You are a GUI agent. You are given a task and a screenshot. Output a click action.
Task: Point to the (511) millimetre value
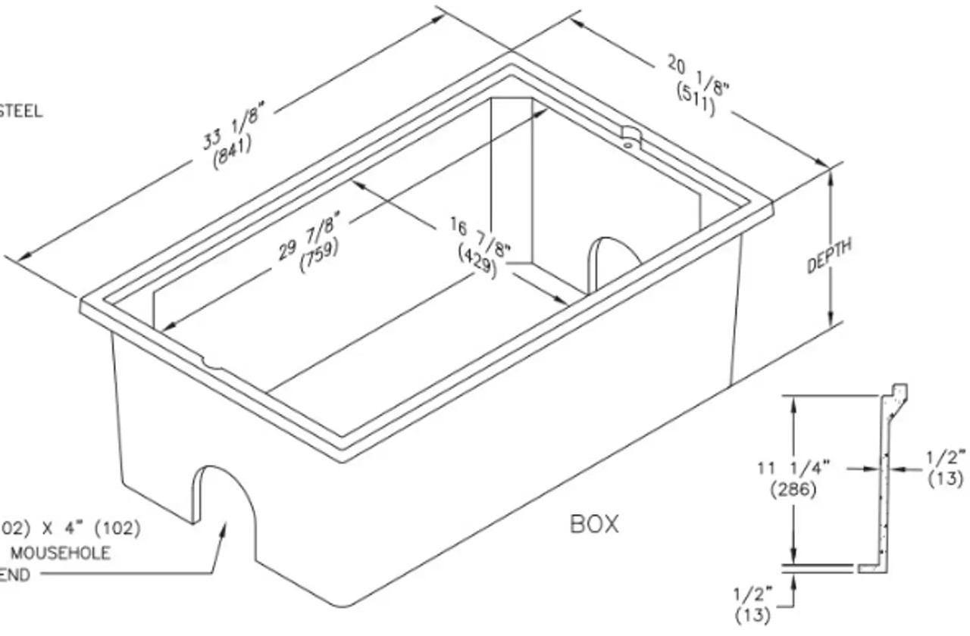point(694,97)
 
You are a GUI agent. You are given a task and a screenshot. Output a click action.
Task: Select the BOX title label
point(594,524)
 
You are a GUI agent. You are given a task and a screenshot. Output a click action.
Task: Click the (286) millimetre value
point(793,490)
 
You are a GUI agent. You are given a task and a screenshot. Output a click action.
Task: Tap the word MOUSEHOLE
point(60,553)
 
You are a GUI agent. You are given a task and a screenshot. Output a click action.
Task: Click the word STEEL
point(21,112)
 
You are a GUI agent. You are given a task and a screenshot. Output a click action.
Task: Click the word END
point(15,575)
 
